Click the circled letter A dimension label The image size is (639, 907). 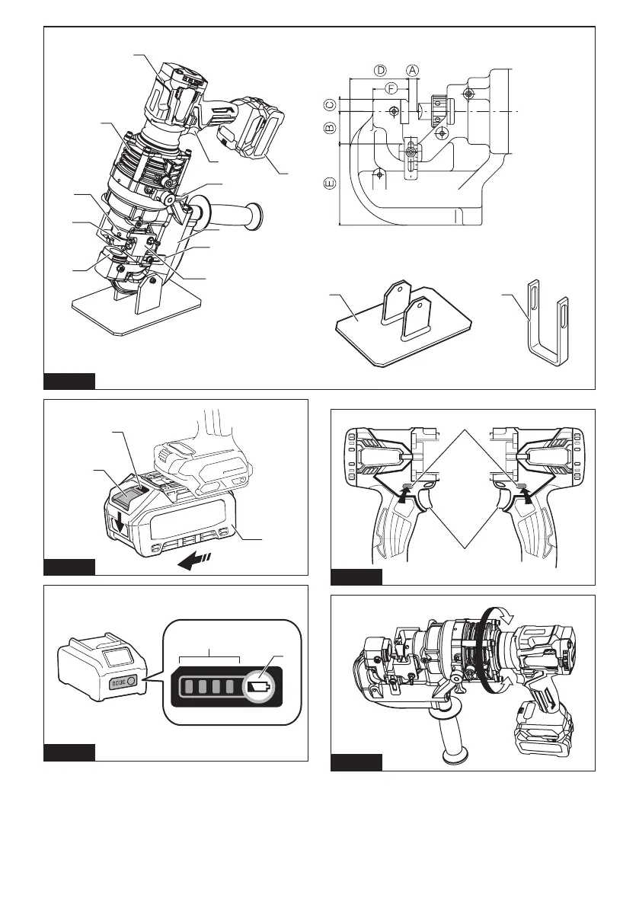(412, 70)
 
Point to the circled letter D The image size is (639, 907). (380, 70)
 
